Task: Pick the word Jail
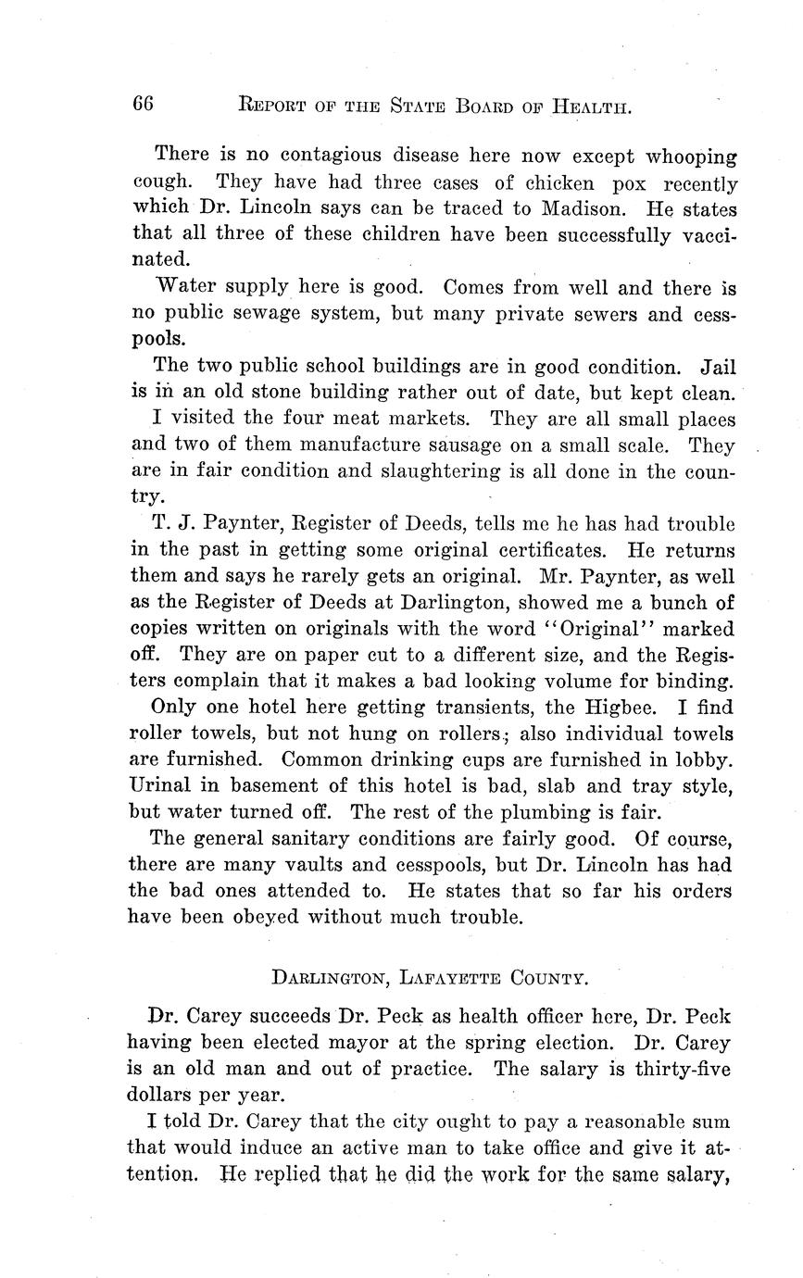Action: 718,367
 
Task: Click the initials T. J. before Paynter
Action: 171,523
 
